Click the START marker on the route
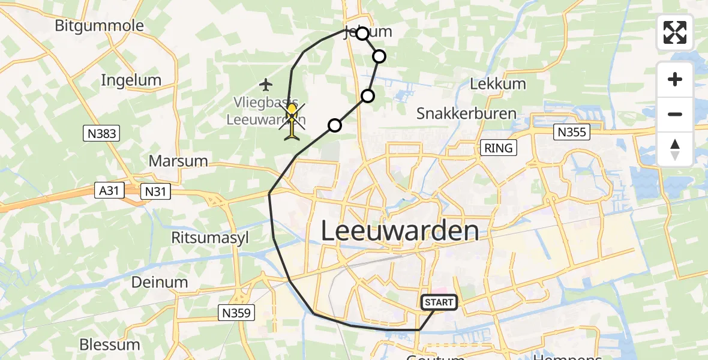[x=439, y=302]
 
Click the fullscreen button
[x=675, y=32]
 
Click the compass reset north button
[x=675, y=149]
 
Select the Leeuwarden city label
[x=400, y=231]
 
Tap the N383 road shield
[x=101, y=134]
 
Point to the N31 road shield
[x=155, y=191]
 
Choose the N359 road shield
[x=235, y=312]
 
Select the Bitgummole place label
[x=99, y=26]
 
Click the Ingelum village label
[x=131, y=80]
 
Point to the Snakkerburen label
[x=466, y=113]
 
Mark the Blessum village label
[x=110, y=345]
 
